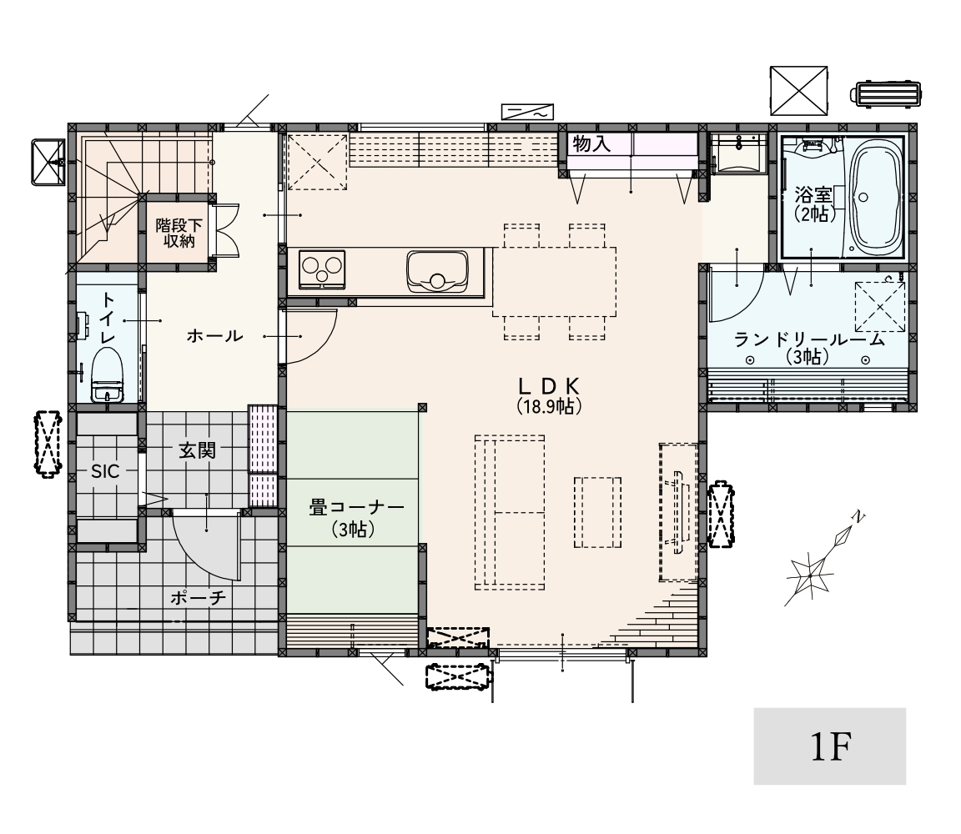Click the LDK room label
(x=549, y=395)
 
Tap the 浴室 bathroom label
(x=813, y=204)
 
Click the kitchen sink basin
(x=437, y=272)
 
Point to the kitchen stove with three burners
(x=322, y=269)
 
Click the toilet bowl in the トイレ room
(x=108, y=374)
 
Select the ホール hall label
(x=214, y=336)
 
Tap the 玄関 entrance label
(x=198, y=451)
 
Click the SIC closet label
(x=105, y=471)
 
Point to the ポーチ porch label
(x=199, y=597)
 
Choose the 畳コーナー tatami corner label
(x=356, y=518)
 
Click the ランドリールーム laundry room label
(x=809, y=348)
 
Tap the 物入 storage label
(x=591, y=144)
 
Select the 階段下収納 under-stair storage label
(x=179, y=234)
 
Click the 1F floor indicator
(x=831, y=746)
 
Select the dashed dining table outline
(x=554, y=282)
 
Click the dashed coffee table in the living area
(x=597, y=512)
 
